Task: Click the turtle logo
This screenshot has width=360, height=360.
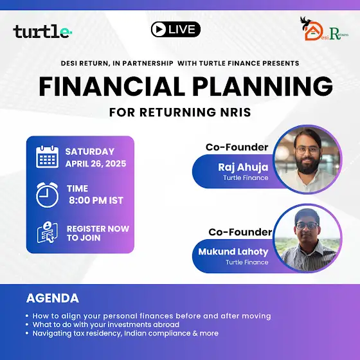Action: tap(42, 32)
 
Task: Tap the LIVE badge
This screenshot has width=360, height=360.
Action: tap(175, 29)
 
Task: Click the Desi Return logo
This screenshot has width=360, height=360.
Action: tap(324, 29)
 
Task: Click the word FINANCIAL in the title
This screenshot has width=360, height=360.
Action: tap(112, 86)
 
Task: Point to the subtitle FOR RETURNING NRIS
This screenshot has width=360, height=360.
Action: tap(180, 113)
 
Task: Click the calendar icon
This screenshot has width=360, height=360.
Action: tap(48, 157)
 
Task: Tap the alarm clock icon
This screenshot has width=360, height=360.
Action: tap(48, 195)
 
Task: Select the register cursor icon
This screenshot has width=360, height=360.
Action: tap(48, 232)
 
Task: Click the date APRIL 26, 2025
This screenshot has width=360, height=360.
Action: tap(96, 164)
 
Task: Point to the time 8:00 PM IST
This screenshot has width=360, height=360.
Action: tap(96, 201)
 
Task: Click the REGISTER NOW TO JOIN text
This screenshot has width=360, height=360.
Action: tap(98, 233)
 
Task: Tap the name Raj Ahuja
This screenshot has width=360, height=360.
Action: tap(243, 167)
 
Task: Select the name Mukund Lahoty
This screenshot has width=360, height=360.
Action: tap(233, 252)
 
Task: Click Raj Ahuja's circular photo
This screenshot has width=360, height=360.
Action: tap(308, 159)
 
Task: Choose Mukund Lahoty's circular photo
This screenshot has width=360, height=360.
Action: tap(308, 239)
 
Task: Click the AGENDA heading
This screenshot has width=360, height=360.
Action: tap(53, 298)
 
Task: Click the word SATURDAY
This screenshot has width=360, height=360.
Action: tap(90, 152)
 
